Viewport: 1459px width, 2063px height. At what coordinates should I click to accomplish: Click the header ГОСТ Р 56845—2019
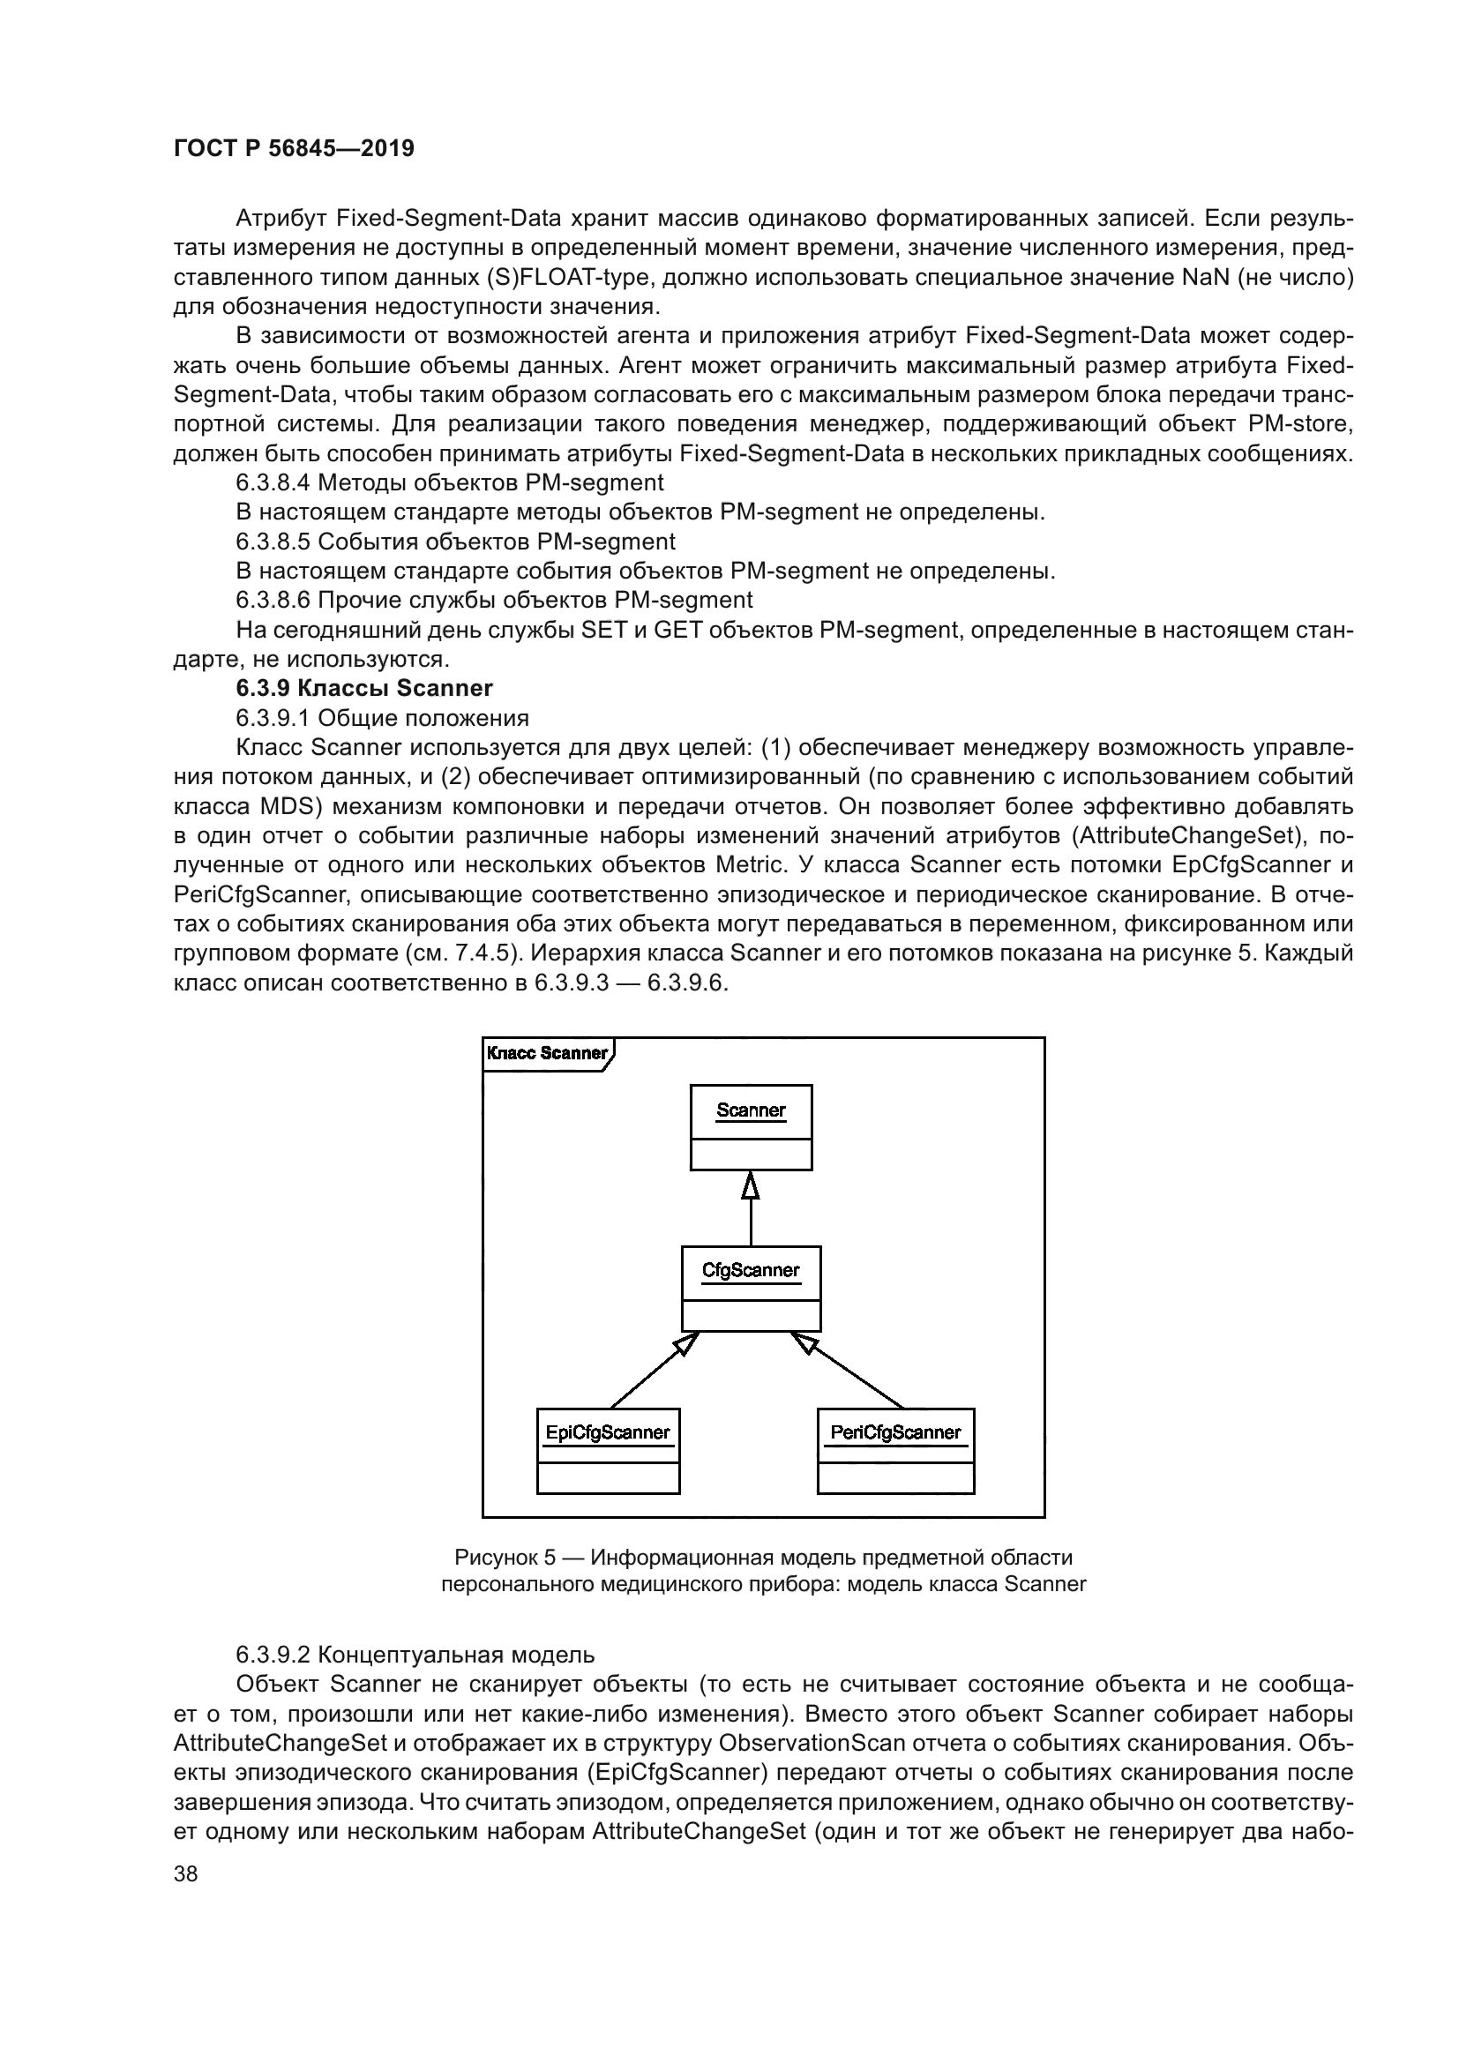(x=294, y=149)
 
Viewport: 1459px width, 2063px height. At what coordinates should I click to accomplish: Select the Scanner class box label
(x=750, y=1110)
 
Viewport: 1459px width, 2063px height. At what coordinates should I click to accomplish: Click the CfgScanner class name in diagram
(x=750, y=1270)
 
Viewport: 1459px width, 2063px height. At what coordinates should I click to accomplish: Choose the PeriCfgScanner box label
(x=894, y=1432)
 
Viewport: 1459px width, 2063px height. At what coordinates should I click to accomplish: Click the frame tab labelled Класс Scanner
(x=546, y=1053)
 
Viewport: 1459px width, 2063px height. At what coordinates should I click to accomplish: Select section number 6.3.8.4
(x=273, y=482)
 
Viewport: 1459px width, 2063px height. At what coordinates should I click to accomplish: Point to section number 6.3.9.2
(x=273, y=1654)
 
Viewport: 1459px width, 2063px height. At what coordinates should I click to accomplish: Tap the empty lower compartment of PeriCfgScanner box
(x=894, y=1477)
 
